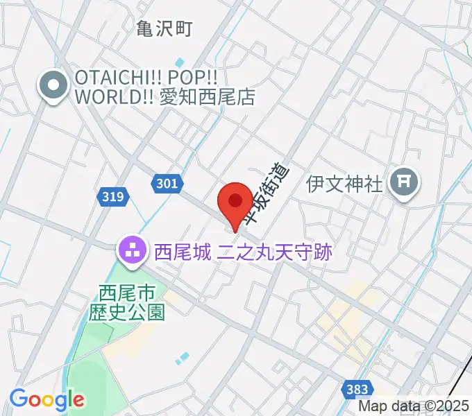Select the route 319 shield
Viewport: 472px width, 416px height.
[112, 197]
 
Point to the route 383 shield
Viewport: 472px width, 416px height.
[357, 389]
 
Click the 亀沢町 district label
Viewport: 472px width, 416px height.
[163, 28]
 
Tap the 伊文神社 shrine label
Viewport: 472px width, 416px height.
[344, 184]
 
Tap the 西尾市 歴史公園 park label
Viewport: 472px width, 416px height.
[127, 303]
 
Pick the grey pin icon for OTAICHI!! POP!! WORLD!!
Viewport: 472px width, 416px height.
[53, 87]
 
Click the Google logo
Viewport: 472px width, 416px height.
[47, 399]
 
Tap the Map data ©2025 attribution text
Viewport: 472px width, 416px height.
[414, 407]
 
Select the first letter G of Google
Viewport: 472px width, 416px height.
[19, 399]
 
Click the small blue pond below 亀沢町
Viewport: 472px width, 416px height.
[180, 63]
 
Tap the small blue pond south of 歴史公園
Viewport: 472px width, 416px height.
[182, 358]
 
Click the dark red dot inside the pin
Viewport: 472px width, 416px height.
[235, 200]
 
